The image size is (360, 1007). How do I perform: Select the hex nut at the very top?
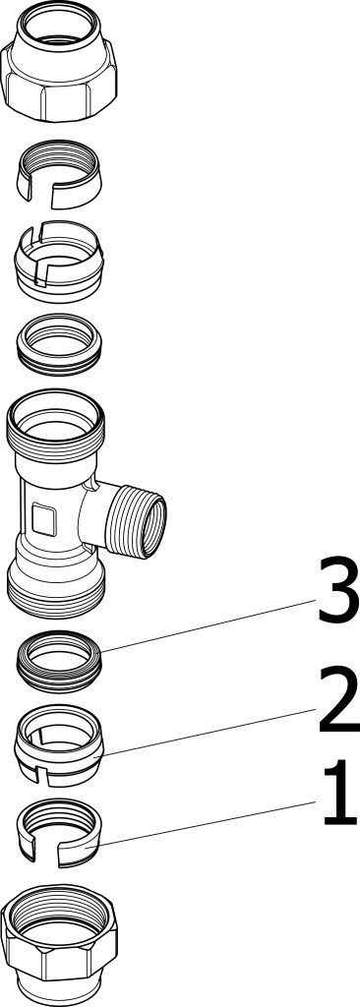(58, 61)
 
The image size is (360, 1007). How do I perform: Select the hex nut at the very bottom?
(58, 944)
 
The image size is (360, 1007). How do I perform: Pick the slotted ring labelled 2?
(58, 745)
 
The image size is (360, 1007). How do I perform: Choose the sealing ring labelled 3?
(58, 662)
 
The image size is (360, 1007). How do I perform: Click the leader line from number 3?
(209, 625)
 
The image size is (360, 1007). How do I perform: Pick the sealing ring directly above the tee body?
(58, 345)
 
